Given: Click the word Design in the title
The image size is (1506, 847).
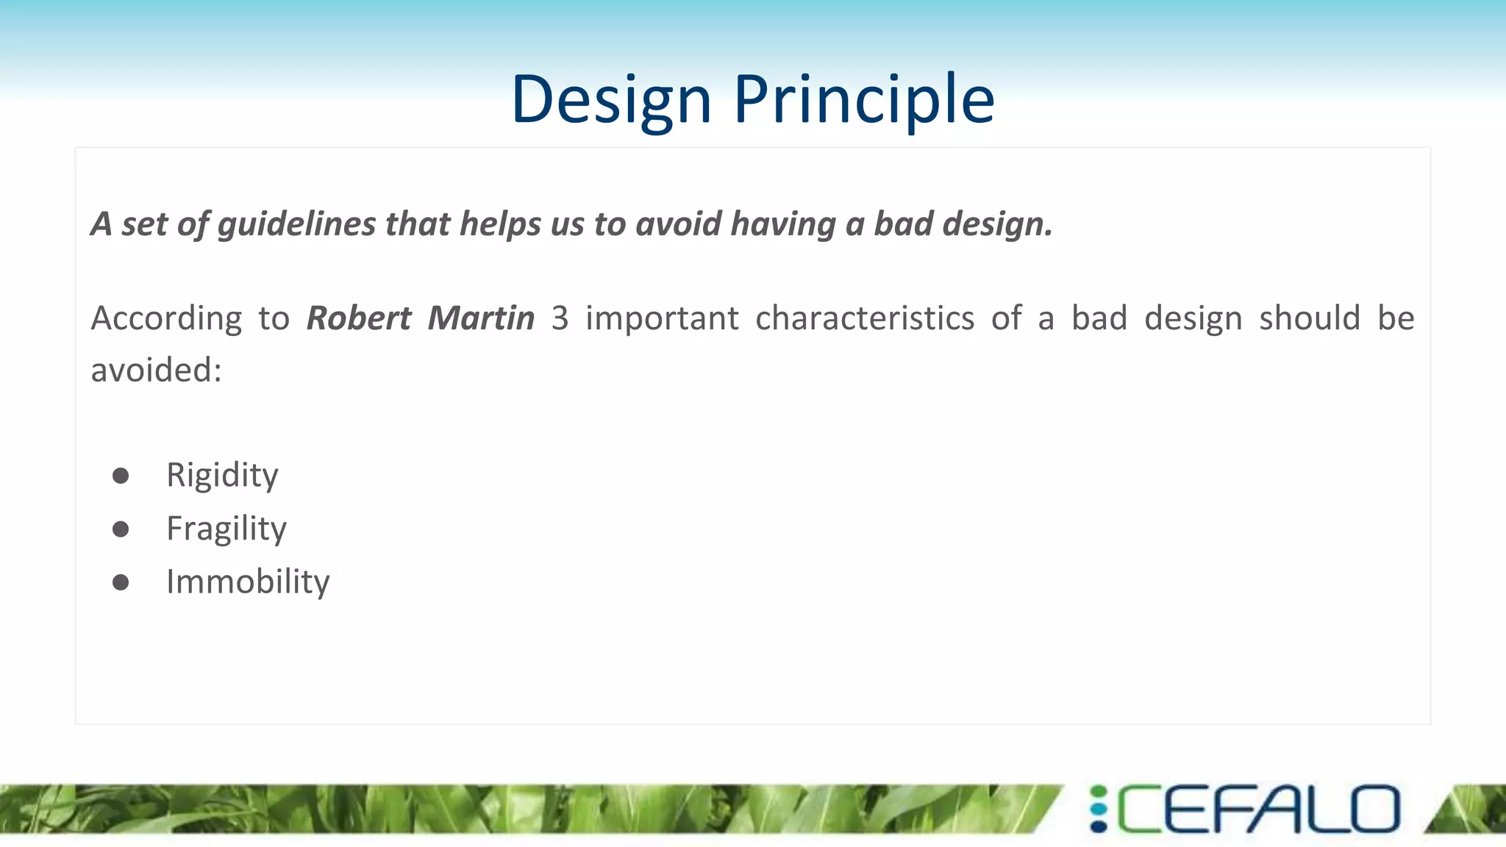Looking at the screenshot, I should [611, 99].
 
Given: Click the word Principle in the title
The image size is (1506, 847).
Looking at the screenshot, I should [864, 99].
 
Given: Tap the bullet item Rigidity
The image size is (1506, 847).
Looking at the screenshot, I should [222, 475].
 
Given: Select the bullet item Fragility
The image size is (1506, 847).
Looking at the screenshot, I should [226, 529].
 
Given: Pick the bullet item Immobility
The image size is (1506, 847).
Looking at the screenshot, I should [248, 582].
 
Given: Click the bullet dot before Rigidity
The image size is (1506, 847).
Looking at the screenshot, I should [121, 476].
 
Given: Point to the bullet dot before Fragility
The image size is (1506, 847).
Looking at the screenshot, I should [121, 529].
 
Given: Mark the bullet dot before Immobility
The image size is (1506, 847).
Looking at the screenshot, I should [121, 583].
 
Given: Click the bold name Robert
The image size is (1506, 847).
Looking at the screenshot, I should [358, 318].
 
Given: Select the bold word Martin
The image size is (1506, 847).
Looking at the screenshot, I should [481, 318].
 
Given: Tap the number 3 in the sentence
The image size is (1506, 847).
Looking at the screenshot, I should [560, 318].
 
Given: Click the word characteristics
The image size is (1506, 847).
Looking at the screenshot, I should [865, 318].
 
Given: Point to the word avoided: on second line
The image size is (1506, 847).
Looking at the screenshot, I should [156, 370].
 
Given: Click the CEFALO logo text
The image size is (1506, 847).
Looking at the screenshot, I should [1258, 810].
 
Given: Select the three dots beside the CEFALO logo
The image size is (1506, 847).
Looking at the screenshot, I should [1099, 810].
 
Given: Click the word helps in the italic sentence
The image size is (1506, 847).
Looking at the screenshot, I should [500, 224].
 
